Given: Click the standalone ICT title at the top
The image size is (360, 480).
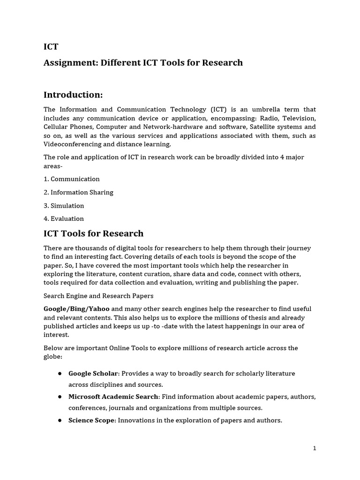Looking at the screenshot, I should [51, 46].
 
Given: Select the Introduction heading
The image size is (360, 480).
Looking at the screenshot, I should [73, 95].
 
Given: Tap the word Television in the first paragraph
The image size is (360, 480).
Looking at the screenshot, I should [298, 118].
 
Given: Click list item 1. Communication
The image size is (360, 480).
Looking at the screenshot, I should [72, 179].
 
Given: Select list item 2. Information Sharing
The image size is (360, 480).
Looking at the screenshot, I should [78, 192].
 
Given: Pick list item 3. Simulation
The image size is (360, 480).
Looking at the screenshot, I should [64, 205].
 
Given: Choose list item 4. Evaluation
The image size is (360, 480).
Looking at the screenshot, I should [64, 218].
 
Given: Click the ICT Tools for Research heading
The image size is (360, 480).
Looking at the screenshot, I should [93, 233].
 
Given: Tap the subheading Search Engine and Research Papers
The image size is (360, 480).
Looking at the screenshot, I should [98, 296].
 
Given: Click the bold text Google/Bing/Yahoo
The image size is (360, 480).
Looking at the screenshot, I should [76, 309].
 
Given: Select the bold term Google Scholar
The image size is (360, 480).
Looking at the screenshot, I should [93, 374].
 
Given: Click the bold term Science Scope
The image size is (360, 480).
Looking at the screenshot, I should [91, 420].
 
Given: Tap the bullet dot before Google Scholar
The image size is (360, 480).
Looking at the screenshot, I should [60, 374].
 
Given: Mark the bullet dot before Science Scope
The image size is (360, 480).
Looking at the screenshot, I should [60, 420].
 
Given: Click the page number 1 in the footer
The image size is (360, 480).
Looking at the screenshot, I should [315, 448].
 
